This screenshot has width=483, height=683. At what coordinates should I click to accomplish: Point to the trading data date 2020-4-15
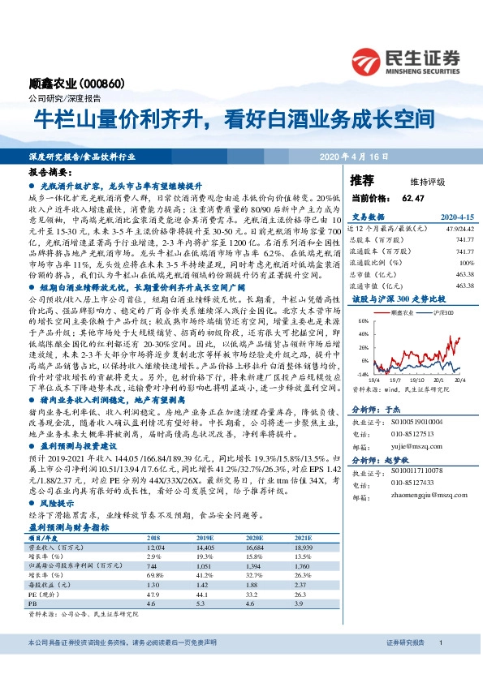tap(443, 217)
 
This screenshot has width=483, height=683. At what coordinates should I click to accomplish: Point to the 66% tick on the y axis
tap(363, 320)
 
